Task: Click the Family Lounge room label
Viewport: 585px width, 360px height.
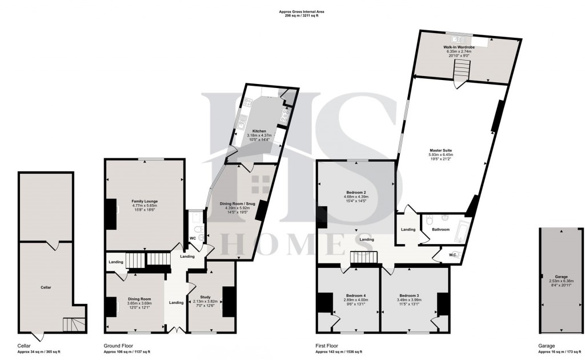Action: point(144,201)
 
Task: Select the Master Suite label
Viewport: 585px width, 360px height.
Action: point(440,150)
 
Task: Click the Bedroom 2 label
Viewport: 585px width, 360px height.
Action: point(356,193)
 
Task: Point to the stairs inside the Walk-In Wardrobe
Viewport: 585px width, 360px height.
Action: point(460,73)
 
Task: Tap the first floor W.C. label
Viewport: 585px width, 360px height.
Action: point(452,255)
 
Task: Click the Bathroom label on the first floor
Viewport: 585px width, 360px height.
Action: point(440,230)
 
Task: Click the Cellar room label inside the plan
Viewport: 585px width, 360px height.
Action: point(46,287)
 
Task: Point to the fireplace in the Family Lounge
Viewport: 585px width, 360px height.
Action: point(110,210)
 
